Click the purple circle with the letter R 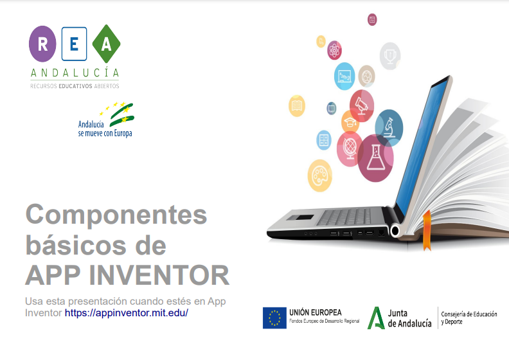(x=42, y=44)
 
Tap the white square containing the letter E (x=75, y=44)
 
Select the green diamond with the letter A (x=106, y=44)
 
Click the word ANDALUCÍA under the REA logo (x=75, y=72)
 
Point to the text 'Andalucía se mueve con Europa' (x=105, y=129)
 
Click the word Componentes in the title (x=116, y=214)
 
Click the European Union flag (x=274, y=318)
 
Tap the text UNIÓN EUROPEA (x=316, y=312)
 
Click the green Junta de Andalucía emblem (x=376, y=318)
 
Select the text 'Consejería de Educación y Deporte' (x=469, y=318)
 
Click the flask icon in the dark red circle (x=375, y=157)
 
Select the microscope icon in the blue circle (x=389, y=127)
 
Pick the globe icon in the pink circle (x=350, y=148)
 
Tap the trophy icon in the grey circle (x=389, y=56)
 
